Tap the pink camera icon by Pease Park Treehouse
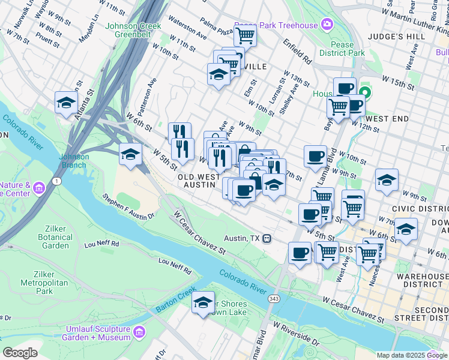[327, 24]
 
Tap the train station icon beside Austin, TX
[267, 238]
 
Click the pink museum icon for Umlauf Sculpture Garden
[139, 332]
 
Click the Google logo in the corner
[20, 352]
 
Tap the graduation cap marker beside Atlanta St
[66, 103]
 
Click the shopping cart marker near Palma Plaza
[246, 36]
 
